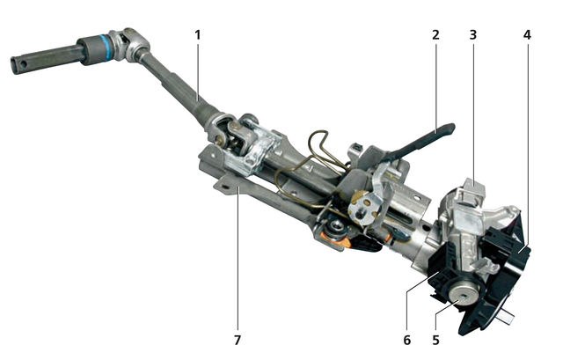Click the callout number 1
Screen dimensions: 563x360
click(197, 35)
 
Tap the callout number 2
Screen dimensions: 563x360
click(435, 35)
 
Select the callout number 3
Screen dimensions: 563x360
click(473, 35)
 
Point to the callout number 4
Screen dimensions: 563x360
click(527, 35)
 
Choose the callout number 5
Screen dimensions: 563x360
click(435, 340)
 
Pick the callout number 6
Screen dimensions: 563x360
click(406, 340)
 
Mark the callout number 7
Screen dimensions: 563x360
click(237, 340)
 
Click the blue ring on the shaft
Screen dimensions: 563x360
click(105, 48)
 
